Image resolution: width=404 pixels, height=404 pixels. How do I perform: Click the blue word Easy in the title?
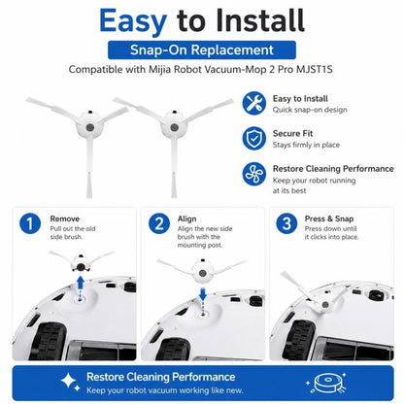[133, 20]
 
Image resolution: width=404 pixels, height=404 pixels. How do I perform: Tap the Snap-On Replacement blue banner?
[202, 50]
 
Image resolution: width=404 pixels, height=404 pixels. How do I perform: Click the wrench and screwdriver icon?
[254, 103]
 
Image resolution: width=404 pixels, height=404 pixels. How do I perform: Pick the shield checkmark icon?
[254, 138]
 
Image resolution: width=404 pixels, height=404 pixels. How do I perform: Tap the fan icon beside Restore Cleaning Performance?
[254, 174]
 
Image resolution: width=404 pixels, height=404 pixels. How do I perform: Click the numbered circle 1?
[30, 223]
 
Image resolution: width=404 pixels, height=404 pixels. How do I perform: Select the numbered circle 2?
[159, 223]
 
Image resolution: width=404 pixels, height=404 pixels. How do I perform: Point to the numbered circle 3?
[286, 223]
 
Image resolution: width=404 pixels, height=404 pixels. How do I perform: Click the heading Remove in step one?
[65, 219]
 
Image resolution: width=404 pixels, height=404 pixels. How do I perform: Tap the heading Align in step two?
[186, 219]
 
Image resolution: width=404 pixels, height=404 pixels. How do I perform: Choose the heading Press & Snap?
[329, 219]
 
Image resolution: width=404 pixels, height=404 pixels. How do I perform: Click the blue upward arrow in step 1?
[81, 284]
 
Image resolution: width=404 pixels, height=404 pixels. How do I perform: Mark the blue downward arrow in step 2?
[203, 295]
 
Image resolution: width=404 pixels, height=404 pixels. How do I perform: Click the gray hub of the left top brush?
[90, 127]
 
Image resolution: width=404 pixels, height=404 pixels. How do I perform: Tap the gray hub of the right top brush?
[175, 127]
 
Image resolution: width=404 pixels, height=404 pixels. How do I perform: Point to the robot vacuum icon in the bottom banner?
[327, 383]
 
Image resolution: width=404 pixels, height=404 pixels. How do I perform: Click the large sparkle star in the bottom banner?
[68, 381]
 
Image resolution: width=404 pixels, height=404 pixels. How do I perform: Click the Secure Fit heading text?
[292, 133]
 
